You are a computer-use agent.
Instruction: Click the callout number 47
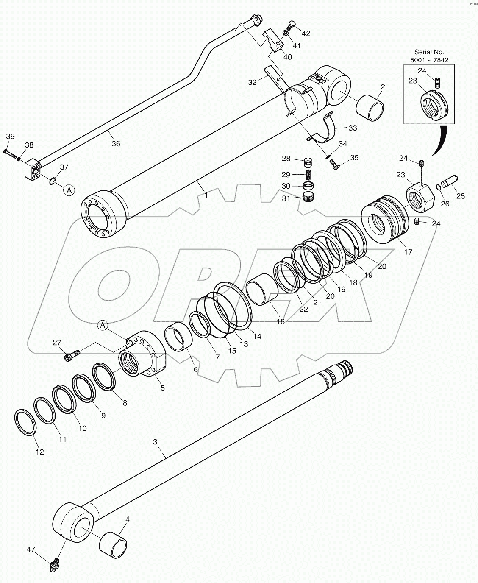click(31, 550)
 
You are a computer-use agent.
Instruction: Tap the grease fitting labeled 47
click(54, 565)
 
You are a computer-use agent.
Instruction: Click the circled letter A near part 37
click(69, 190)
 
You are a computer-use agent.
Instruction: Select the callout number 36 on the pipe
click(116, 144)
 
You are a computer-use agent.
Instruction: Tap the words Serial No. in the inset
click(429, 52)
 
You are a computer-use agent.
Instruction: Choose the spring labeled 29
click(308, 174)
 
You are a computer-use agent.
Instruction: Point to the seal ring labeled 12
click(25, 422)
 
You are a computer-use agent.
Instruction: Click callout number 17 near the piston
click(408, 252)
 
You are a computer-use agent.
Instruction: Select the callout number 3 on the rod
click(155, 442)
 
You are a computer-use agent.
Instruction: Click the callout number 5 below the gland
click(162, 388)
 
